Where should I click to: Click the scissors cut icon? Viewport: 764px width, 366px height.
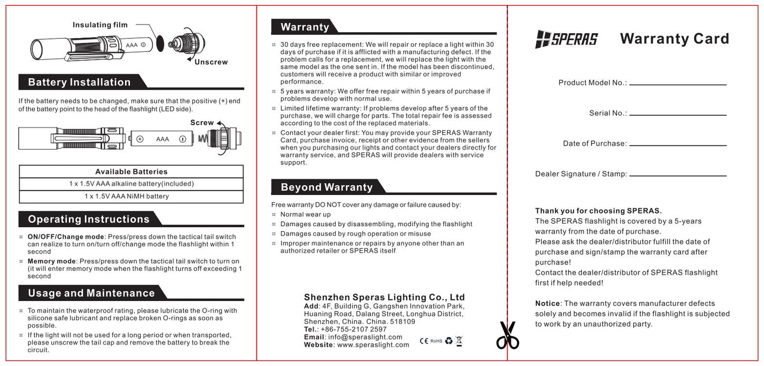(x=508, y=335)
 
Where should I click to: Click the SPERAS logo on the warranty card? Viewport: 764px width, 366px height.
(x=566, y=39)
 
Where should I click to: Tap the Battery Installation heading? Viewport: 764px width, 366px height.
(x=79, y=82)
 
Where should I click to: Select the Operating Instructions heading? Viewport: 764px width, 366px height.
(x=88, y=220)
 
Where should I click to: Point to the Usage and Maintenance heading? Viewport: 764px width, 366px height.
(x=91, y=293)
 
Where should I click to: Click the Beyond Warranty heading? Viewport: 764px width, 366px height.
(x=326, y=187)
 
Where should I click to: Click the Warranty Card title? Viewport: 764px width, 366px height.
(x=675, y=39)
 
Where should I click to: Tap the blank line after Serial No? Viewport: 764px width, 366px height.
(x=678, y=115)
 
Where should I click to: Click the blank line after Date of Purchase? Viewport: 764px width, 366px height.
(x=678, y=145)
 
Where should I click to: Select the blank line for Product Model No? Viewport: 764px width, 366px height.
(x=678, y=85)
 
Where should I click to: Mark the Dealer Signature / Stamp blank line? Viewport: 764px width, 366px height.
(x=678, y=175)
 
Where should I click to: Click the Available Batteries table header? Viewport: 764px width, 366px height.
(x=131, y=172)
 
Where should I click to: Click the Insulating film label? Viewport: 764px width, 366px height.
(x=100, y=25)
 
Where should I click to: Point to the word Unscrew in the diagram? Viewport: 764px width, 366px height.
(x=211, y=62)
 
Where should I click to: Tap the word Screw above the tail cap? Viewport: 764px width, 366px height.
(x=201, y=123)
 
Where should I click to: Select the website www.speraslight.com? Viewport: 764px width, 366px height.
(x=373, y=345)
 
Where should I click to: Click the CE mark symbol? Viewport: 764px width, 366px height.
(x=424, y=341)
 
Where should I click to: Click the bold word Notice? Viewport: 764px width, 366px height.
(x=547, y=304)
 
